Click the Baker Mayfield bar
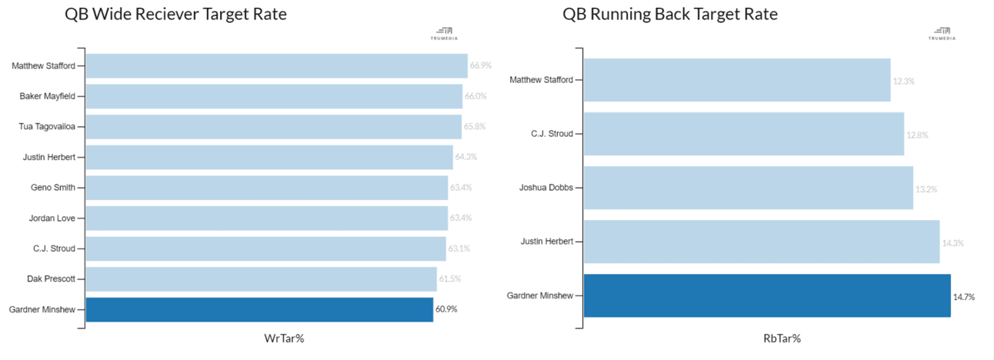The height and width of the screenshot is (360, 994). click(x=274, y=96)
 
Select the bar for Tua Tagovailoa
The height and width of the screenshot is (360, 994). click(x=273, y=126)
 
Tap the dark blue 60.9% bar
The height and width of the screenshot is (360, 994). click(x=259, y=309)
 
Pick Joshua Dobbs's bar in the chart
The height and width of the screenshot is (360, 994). click(x=748, y=188)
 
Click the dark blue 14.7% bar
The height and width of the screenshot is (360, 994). click(x=767, y=295)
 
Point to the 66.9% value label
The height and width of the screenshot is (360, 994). click(x=481, y=65)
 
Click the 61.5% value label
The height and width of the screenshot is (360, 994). click(x=450, y=278)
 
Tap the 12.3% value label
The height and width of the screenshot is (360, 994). click(x=904, y=81)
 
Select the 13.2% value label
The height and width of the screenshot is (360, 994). click(x=926, y=188)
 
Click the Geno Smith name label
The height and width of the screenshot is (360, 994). click(x=53, y=188)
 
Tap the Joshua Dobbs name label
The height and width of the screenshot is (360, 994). click(x=547, y=188)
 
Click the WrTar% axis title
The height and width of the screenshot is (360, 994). click(x=284, y=338)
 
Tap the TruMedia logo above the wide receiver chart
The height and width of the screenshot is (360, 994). click(x=445, y=34)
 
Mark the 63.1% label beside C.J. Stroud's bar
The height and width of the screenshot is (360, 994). click(x=460, y=248)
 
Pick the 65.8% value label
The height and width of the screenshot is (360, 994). click(x=475, y=126)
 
